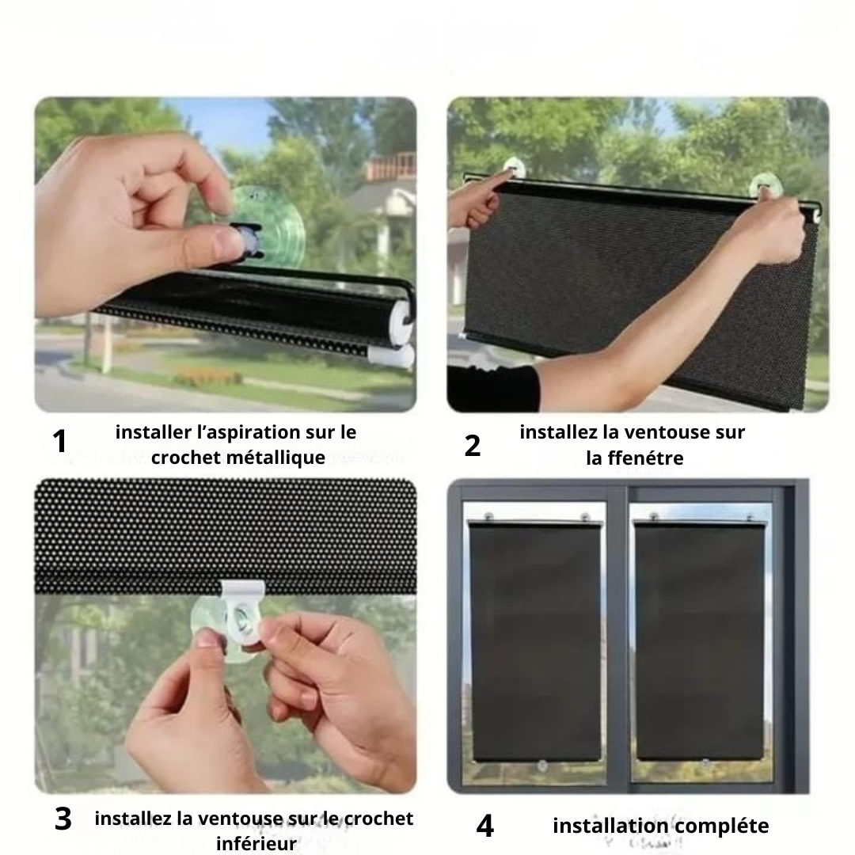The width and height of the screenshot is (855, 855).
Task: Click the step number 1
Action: click(59, 441)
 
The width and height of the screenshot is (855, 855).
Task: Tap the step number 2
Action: click(472, 445)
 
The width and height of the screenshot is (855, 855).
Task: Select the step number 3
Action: click(63, 819)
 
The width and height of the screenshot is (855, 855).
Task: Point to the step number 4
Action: click(484, 826)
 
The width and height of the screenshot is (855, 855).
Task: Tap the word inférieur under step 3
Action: click(256, 843)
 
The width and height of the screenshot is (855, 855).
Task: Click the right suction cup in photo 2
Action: click(766, 186)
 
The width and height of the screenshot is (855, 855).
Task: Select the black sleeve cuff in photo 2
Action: click(493, 388)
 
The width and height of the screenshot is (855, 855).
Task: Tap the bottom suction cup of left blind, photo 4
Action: click(542, 766)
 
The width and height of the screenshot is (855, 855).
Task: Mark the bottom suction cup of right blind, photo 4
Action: click(705, 763)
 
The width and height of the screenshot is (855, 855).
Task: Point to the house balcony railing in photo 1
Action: click(391, 165)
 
